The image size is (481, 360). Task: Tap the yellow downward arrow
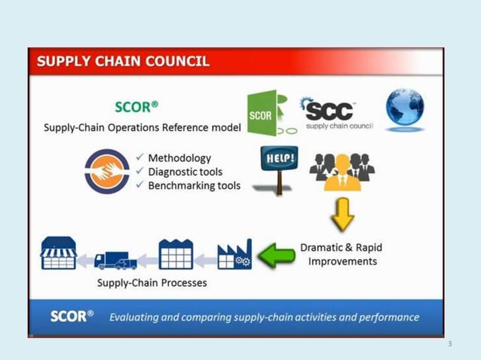343,215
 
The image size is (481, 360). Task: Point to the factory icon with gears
234,255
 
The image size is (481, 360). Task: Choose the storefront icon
58,254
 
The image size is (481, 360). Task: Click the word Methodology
179,158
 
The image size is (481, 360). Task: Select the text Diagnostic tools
185,172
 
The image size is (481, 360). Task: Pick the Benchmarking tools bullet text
194,186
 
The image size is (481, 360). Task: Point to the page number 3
449,344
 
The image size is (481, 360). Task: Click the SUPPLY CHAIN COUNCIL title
123,62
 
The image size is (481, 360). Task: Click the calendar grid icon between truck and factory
175,255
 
